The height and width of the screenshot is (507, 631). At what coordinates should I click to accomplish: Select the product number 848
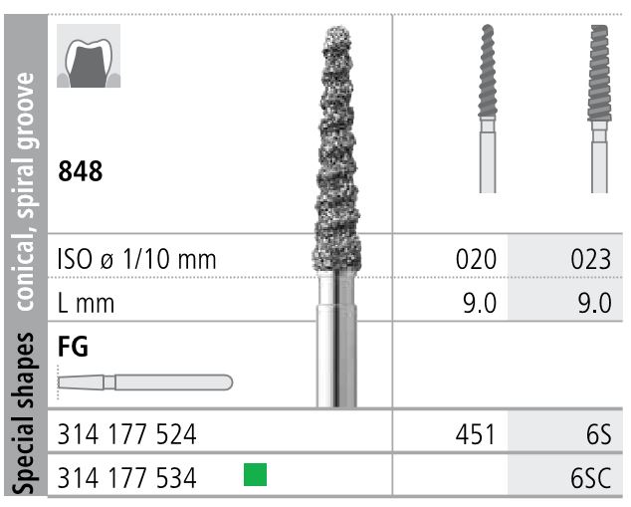pyautogui.click(x=80, y=171)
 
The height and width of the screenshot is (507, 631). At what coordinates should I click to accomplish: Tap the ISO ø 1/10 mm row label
pyautogui.click(x=137, y=261)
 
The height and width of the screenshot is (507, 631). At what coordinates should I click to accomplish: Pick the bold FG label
pyautogui.click(x=74, y=347)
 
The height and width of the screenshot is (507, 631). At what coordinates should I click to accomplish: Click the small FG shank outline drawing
pyautogui.click(x=145, y=380)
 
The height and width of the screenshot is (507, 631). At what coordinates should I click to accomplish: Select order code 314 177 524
pyautogui.click(x=127, y=435)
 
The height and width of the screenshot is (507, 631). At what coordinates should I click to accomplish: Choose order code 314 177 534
pyautogui.click(x=127, y=478)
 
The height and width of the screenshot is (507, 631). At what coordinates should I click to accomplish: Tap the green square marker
pyautogui.click(x=257, y=476)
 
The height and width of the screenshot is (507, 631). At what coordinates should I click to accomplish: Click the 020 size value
pyautogui.click(x=475, y=261)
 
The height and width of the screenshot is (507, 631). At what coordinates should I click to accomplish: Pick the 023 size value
pyautogui.click(x=590, y=261)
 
